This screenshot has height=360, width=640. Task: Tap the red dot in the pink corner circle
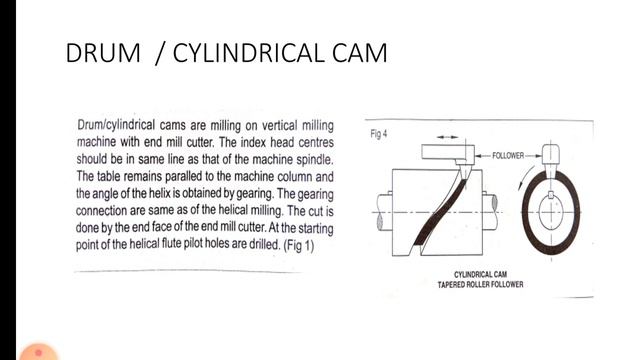pyautogui.click(x=37, y=353)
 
